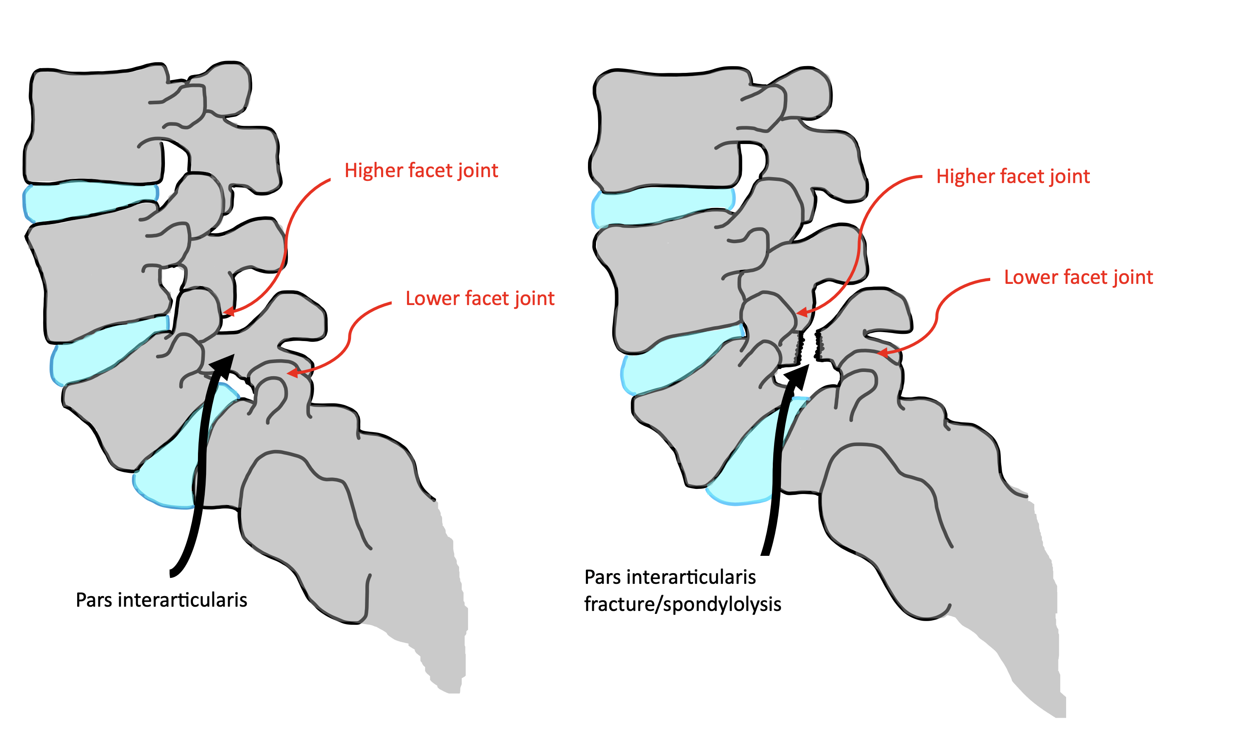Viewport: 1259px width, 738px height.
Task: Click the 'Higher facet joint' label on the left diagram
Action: click(x=421, y=171)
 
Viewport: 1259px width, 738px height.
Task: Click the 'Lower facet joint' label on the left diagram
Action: click(x=479, y=299)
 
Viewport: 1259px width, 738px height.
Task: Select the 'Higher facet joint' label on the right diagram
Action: click(x=1013, y=177)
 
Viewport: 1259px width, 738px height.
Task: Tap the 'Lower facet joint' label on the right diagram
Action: click(x=1078, y=277)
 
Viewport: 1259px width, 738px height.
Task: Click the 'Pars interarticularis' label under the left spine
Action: click(x=162, y=600)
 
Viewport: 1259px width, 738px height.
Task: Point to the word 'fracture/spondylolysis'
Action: click(x=682, y=605)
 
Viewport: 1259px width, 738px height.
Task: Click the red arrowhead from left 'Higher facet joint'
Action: click(x=228, y=312)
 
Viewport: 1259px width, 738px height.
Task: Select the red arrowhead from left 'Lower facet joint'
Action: click(x=292, y=372)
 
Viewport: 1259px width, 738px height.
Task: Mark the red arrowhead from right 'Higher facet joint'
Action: click(x=801, y=313)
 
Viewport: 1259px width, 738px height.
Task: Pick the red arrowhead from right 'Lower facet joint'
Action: click(x=882, y=353)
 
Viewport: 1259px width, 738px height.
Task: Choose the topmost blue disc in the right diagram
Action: click(x=660, y=206)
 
